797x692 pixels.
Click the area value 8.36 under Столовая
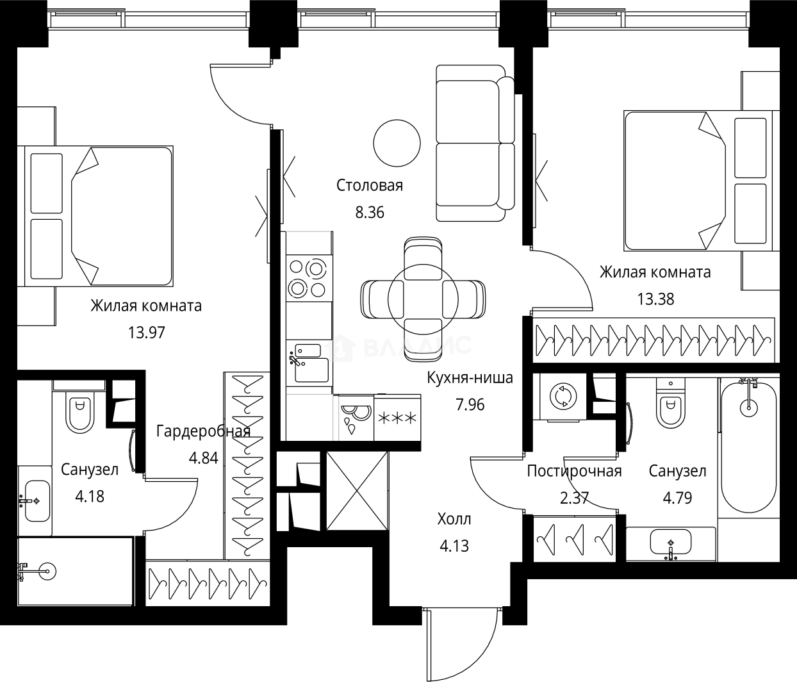[370, 213]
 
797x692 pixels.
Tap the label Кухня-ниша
[470, 377]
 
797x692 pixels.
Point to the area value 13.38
[655, 299]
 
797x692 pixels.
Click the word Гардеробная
[202, 431]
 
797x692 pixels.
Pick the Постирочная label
[574, 472]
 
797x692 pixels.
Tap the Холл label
[454, 519]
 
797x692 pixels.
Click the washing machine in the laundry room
[563, 397]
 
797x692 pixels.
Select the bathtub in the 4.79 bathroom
[748, 449]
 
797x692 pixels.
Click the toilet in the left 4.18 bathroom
[80, 411]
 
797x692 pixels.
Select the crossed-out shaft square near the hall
[357, 491]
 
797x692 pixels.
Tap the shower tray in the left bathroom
[74, 572]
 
